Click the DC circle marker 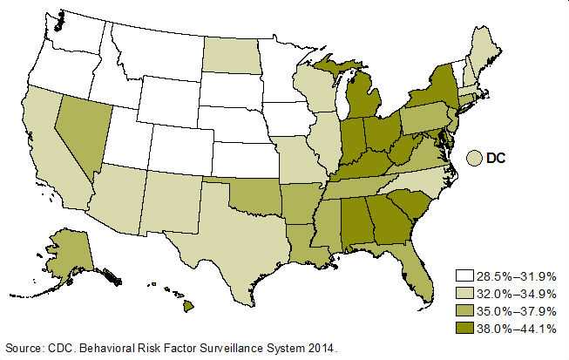click(475, 159)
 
